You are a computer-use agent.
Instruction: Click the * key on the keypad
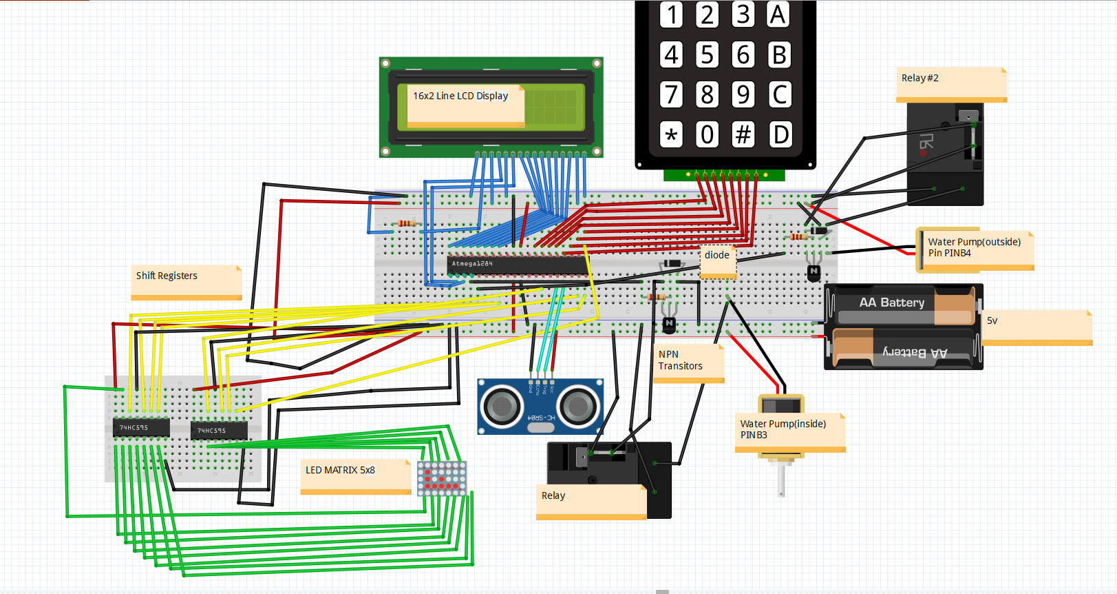[x=671, y=134]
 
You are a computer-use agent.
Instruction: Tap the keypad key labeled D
[x=780, y=134]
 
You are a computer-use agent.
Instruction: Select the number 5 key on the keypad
[x=707, y=54]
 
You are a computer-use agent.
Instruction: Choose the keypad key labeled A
[x=778, y=14]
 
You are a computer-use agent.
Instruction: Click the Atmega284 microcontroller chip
[x=516, y=264]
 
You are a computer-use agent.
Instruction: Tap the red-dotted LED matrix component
[x=441, y=478]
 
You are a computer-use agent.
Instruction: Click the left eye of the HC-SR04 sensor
[x=502, y=405]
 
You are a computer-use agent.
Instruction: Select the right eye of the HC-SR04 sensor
[x=578, y=405]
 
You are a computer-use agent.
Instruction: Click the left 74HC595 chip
[x=140, y=428]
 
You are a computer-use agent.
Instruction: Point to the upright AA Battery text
[x=891, y=303]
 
